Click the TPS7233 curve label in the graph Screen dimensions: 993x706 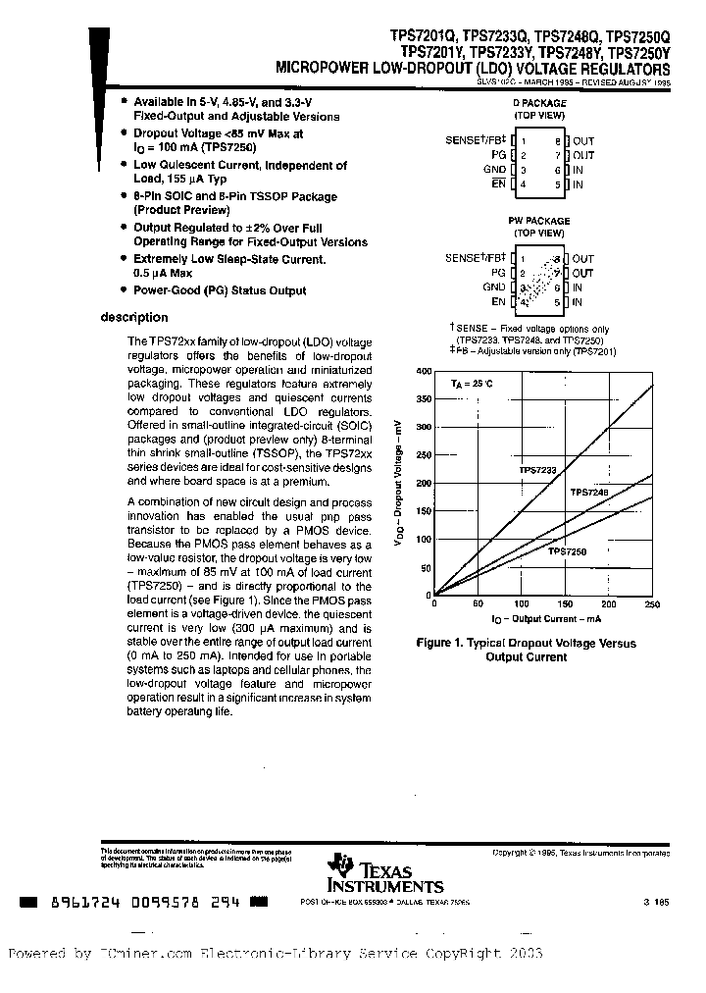pyautogui.click(x=537, y=471)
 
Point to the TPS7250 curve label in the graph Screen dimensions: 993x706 pyautogui.click(x=567, y=552)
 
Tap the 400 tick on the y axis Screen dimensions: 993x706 pyautogui.click(x=424, y=371)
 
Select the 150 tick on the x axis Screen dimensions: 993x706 pyautogui.click(x=565, y=604)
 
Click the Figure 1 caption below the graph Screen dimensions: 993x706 pyautogui.click(x=527, y=650)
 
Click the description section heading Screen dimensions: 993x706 pyautogui.click(x=134, y=318)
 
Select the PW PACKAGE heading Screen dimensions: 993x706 pyautogui.click(x=538, y=221)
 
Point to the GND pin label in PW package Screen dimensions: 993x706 pyautogui.click(x=494, y=287)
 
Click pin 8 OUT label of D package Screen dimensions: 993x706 pyautogui.click(x=583, y=141)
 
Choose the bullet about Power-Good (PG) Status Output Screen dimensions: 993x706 pyautogui.click(x=220, y=290)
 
